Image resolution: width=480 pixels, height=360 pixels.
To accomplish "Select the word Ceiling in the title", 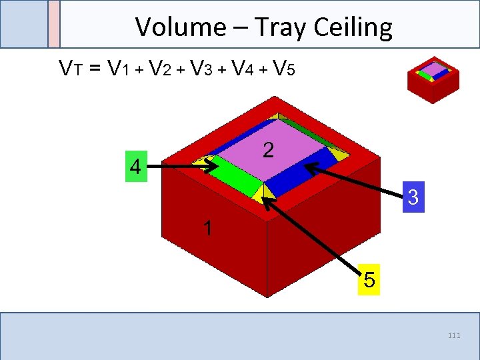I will [x=354, y=27].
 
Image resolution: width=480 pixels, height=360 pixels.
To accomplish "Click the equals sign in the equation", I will [x=94, y=68].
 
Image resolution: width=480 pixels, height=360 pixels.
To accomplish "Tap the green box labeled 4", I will [x=135, y=167].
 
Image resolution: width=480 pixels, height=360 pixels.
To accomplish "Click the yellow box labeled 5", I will [x=369, y=280].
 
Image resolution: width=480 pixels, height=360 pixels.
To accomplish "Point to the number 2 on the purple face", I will [x=267, y=151].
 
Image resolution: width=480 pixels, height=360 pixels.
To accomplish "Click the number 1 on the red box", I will [x=208, y=229].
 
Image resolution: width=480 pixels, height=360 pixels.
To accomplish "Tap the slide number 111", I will [x=454, y=335].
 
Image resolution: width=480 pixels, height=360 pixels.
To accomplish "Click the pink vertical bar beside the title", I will [x=54, y=24].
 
